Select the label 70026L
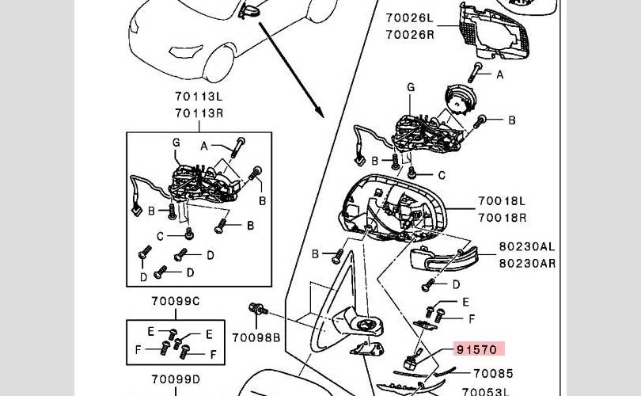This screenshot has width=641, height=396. tap(410, 17)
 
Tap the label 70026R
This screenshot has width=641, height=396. tap(410, 34)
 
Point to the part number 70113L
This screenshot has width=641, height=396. tap(199, 97)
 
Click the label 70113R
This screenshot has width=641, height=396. tap(199, 113)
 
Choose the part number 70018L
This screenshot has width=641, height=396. tap(501, 202)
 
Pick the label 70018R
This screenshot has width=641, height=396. tap(501, 218)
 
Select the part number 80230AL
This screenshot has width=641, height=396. tap(527, 247)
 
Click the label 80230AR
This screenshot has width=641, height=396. tap(527, 263)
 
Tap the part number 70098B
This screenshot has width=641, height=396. tap(256, 338)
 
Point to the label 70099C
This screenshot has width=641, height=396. tap(176, 301)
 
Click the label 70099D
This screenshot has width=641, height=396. tap(176, 379)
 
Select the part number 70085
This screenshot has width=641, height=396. tap(493, 373)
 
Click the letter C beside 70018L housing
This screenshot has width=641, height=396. tap(442, 175)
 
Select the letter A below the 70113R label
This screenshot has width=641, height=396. tap(204, 147)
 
